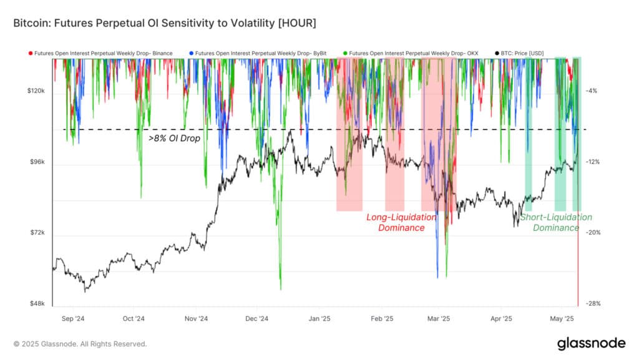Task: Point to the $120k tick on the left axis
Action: [35, 91]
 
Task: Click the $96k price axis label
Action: [36, 162]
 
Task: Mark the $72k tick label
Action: [36, 233]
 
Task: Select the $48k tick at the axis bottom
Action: [36, 304]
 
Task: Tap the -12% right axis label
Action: [593, 162]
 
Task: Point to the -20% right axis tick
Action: [593, 233]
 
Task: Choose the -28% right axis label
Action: [593, 304]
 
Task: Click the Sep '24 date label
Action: [73, 318]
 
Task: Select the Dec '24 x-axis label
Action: [256, 318]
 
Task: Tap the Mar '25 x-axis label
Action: [440, 318]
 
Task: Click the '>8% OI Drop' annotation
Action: [175, 138]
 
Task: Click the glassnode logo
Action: [590, 343]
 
